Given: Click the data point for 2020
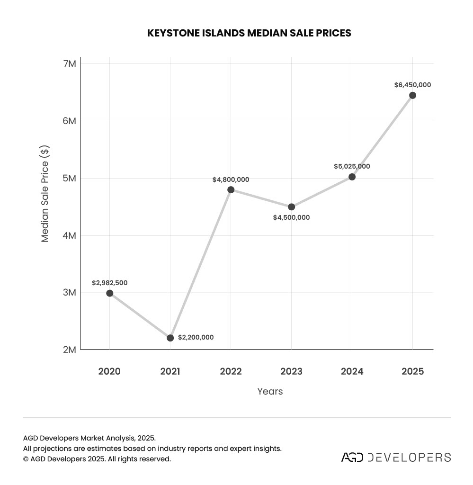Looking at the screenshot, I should click(109, 293).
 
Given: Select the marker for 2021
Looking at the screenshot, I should click(170, 338).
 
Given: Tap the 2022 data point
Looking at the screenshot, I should click(231, 190).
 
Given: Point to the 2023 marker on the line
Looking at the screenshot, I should click(291, 207).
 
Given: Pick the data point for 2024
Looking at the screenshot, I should click(352, 177).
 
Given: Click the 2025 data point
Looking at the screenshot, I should click(412, 95).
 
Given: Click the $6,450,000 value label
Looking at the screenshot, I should click(412, 85).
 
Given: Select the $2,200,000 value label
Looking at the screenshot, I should click(196, 338).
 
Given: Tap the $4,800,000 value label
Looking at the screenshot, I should click(231, 180).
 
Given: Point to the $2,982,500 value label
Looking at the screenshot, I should click(109, 283).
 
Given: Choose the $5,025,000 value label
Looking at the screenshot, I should click(352, 166).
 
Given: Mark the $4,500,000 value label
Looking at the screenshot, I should click(291, 217).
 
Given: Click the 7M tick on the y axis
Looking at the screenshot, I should click(69, 63).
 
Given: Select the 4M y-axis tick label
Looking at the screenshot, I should click(69, 235).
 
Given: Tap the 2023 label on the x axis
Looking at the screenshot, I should click(291, 371).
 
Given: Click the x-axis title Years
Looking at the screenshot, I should click(270, 391).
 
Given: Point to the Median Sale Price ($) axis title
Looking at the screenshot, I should click(45, 194).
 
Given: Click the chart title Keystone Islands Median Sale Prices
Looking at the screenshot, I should click(249, 33).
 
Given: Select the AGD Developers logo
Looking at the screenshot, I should click(396, 457).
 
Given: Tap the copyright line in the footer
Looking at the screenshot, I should click(97, 459).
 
